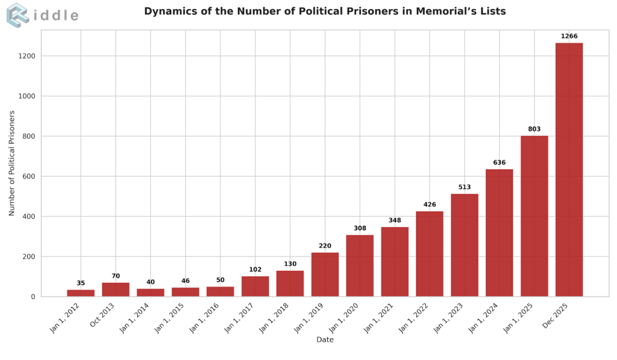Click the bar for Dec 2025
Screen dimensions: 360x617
569,169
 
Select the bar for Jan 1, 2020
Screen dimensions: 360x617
360,265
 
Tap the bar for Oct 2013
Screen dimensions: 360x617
116,289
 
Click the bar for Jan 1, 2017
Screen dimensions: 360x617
255,286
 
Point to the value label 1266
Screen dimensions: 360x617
569,36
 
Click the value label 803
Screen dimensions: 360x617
534,129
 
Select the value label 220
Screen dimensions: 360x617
325,246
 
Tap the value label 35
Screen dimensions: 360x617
81,283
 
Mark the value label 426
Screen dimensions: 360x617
430,204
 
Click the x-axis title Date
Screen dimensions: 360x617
325,339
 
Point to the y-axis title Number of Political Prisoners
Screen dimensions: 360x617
12,163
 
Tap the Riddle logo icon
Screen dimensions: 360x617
17,15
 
